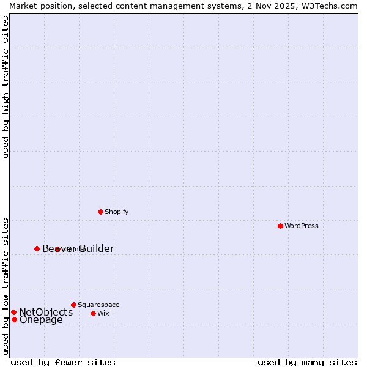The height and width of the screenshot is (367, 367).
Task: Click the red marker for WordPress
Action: (280, 226)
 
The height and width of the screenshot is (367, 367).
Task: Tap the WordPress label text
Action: (302, 226)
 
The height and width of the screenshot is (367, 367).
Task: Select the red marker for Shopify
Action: (100, 212)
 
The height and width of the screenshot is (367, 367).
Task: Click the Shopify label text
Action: (116, 212)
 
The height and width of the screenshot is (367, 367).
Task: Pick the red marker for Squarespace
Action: (73, 305)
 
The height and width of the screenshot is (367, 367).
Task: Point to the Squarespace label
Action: (98, 305)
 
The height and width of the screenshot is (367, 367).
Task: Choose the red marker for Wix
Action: (93, 313)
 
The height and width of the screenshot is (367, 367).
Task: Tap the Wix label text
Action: (103, 314)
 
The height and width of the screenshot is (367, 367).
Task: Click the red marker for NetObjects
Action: (13, 312)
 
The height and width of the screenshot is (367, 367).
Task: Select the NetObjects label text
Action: (46, 313)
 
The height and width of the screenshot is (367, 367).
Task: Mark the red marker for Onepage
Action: (14, 319)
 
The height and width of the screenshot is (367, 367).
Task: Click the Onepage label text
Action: (41, 320)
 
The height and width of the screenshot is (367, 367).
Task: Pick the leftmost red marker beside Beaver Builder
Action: (37, 248)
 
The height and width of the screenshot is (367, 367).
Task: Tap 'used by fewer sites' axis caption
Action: (63, 362)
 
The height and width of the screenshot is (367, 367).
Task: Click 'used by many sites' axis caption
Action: (307, 362)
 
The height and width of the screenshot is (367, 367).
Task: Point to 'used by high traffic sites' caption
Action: (6, 87)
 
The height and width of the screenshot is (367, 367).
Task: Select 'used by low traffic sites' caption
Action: (6, 286)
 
